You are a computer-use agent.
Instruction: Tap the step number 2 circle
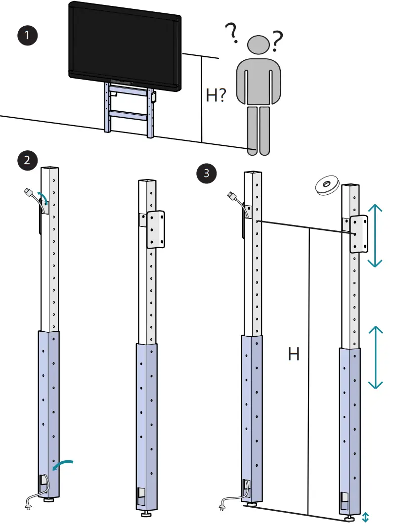26,160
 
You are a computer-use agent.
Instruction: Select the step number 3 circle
206,173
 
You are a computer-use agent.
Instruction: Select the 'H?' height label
217,95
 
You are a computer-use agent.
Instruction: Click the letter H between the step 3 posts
294,354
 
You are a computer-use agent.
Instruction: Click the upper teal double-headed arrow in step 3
376,236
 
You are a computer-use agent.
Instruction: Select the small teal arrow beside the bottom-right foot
365,517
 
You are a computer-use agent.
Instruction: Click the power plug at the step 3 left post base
222,505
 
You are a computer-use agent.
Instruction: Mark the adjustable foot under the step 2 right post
147,515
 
